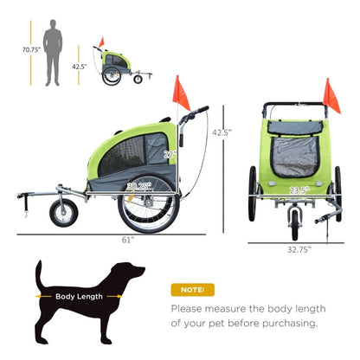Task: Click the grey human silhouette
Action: point(54,51)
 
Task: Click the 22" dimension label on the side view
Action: point(170,154)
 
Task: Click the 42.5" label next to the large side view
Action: point(222,132)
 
